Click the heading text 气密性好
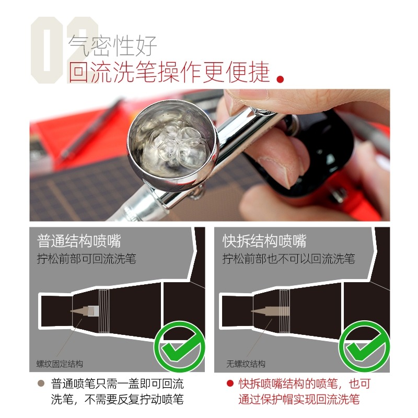(x=112, y=46)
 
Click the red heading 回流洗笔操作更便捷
(x=169, y=72)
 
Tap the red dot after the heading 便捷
(x=281, y=79)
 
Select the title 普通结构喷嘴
(x=79, y=241)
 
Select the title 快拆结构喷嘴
(x=264, y=241)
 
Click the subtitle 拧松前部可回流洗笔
(x=86, y=259)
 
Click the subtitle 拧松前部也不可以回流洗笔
(x=289, y=259)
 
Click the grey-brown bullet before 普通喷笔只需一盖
(x=41, y=383)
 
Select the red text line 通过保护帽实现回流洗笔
(x=299, y=400)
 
